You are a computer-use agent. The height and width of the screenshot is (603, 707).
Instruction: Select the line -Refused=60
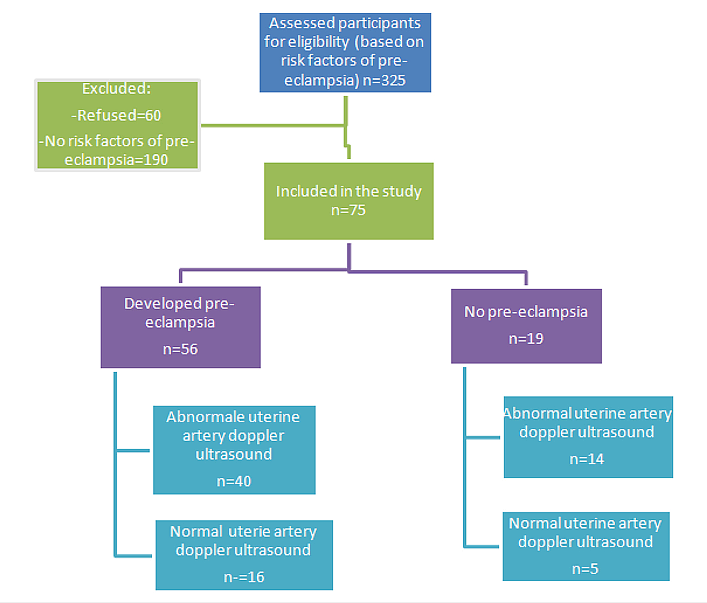point(116,115)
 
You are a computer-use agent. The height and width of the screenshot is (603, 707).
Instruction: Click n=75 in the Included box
point(348,210)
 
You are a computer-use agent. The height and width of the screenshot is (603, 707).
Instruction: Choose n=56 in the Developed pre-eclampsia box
point(180,349)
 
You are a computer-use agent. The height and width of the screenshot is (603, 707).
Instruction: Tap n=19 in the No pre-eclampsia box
point(526,339)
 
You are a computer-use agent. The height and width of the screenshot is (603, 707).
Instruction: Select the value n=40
point(234,481)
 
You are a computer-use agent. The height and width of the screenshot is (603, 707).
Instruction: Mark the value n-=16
point(244,577)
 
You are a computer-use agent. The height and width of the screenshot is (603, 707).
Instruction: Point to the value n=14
point(587,459)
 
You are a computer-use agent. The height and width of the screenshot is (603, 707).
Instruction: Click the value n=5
point(585,569)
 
